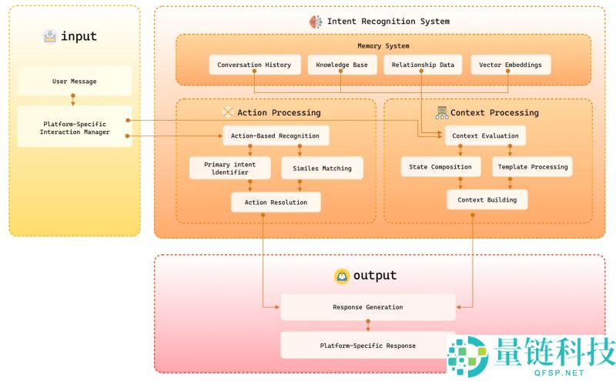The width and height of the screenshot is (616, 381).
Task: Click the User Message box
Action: (x=75, y=81)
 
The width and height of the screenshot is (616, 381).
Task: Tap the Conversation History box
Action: (x=254, y=65)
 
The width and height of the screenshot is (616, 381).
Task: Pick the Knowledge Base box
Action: (x=341, y=65)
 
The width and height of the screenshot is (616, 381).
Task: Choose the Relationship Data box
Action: (x=423, y=65)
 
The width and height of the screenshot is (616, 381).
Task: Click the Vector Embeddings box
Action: (x=511, y=65)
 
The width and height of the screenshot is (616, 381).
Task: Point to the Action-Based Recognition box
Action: (x=276, y=136)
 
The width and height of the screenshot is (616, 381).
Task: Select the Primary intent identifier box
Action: (x=229, y=168)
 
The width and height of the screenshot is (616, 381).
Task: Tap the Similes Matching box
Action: (x=322, y=168)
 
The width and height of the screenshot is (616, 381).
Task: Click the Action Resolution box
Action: (x=276, y=202)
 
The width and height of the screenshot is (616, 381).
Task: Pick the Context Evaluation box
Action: (x=485, y=136)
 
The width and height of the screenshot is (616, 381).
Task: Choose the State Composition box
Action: (x=441, y=166)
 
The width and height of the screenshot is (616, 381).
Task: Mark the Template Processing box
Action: (x=532, y=166)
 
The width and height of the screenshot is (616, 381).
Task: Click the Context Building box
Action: (x=487, y=200)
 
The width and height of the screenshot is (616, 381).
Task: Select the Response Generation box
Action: (x=367, y=307)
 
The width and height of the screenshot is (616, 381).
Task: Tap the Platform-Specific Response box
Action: (x=367, y=346)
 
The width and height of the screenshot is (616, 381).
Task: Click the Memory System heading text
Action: (x=383, y=46)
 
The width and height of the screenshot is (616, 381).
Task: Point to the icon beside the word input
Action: (x=50, y=36)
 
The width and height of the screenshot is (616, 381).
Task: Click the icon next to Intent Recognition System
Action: (x=316, y=22)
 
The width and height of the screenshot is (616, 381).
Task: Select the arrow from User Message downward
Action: (x=74, y=100)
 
